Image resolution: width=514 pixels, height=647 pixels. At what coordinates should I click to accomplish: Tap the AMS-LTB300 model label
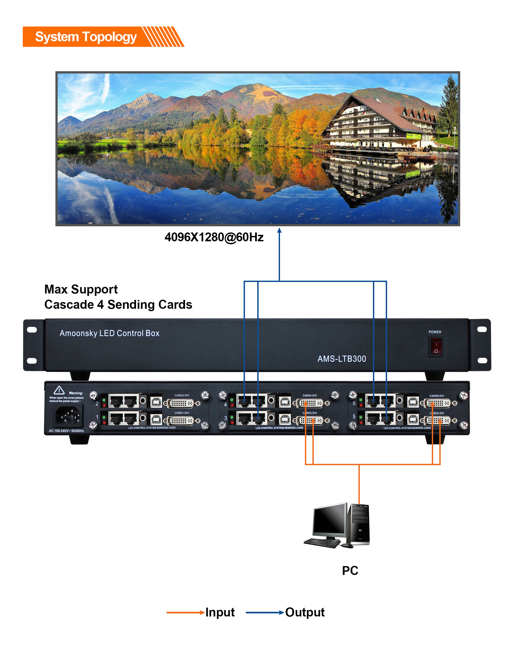pyautogui.click(x=342, y=359)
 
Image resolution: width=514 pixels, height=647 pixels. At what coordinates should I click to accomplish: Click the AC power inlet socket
pyautogui.click(x=68, y=415)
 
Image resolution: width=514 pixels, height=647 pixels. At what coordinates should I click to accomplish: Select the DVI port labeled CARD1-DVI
pyautogui.click(x=182, y=421)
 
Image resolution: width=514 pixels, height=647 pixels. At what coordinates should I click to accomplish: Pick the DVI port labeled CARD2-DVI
pyautogui.click(x=182, y=403)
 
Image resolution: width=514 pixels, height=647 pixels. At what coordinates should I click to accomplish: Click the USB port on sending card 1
pyautogui.click(x=156, y=419)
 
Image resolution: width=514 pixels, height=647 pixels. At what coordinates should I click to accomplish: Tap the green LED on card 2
pyautogui.click(x=104, y=400)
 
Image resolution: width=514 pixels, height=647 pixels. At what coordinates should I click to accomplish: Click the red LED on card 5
pyautogui.click(x=360, y=423)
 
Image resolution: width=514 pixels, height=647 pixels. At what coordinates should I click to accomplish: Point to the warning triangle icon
pyautogui.click(x=59, y=390)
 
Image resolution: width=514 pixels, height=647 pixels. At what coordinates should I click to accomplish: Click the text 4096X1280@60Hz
pyautogui.click(x=214, y=237)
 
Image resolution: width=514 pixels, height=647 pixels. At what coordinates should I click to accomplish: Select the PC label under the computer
pyautogui.click(x=350, y=570)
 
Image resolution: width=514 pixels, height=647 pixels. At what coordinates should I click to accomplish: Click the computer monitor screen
pyautogui.click(x=329, y=520)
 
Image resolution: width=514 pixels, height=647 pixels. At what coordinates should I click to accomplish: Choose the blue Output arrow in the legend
pyautogui.click(x=264, y=612)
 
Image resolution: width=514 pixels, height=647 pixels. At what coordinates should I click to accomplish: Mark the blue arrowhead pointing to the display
pyautogui.click(x=279, y=230)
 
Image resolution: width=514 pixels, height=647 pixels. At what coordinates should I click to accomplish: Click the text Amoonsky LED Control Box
pyautogui.click(x=109, y=333)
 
